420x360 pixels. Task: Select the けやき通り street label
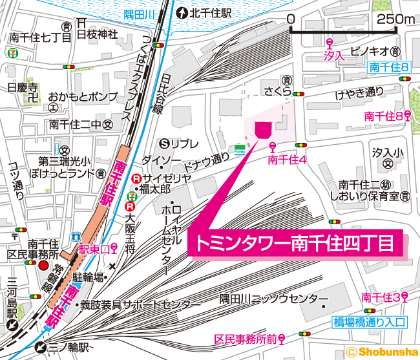coord(359,95)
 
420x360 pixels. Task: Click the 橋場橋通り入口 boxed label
coord(369,321)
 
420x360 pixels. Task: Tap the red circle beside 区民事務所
coord(43,266)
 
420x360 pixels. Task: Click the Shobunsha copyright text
coord(382,352)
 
